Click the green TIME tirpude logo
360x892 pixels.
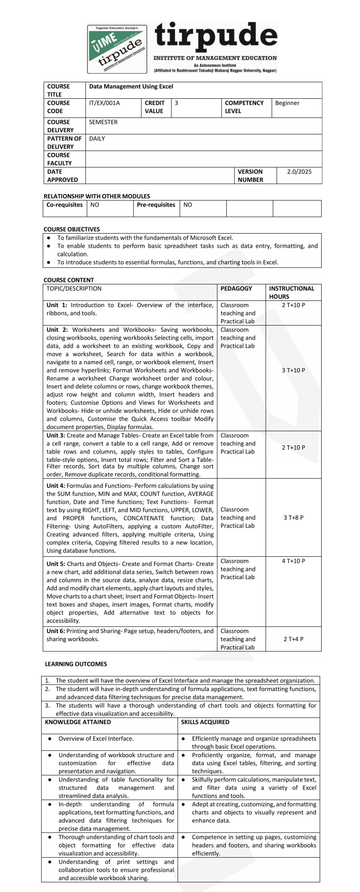tap(117, 49)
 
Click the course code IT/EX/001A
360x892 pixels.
tap(104, 103)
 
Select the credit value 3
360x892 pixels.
tap(176, 103)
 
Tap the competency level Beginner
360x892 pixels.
tap(287, 103)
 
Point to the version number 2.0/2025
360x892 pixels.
tap(299, 172)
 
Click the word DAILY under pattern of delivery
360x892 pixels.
tap(97, 139)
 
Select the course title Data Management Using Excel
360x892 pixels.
tap(131, 86)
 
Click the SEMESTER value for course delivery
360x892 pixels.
tap(103, 122)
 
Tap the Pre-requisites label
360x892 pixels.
tap(156, 205)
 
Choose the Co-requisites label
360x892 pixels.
tap(64, 205)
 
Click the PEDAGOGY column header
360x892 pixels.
tap(236, 289)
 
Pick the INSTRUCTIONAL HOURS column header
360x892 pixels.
tap(291, 292)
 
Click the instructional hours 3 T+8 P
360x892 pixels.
tap(293, 518)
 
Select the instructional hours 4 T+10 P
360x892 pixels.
tap(293, 561)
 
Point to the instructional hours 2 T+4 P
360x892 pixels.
tap(293, 639)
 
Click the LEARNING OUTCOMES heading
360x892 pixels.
tap(76, 664)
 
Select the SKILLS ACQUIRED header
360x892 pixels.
tap(205, 722)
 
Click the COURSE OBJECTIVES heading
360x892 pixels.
tap(71, 229)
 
